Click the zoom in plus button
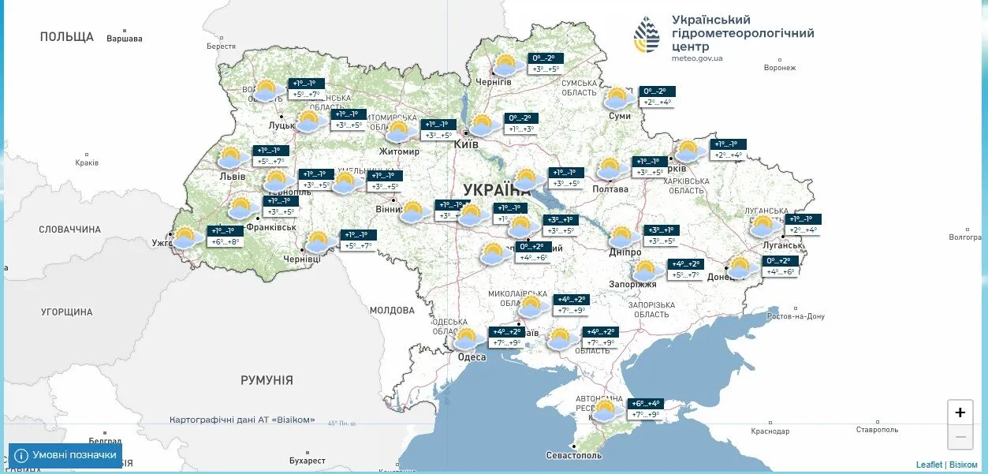960,412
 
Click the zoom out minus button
960,436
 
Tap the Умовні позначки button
65,455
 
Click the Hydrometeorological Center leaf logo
647,34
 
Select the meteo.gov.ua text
697,58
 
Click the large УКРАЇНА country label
497,190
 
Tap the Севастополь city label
574,455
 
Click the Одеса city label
472,357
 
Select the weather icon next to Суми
617,98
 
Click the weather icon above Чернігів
505,64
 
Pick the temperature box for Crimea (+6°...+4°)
643,403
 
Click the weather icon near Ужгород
186,237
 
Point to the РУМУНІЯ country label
267,380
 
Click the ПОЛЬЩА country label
67,36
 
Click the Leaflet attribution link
929,465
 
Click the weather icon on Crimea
606,410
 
